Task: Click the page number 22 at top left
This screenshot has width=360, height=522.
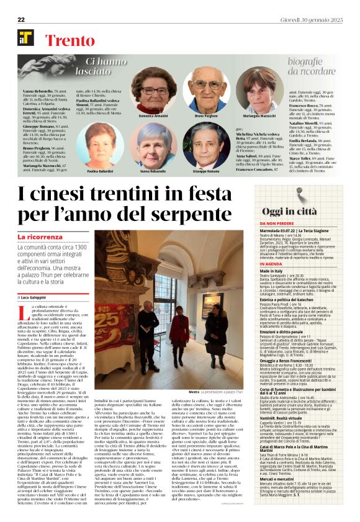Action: tap(20, 20)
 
